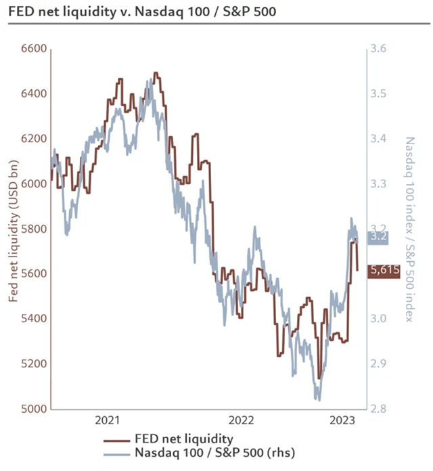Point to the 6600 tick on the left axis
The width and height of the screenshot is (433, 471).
33,49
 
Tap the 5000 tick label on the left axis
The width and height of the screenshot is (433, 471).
33,409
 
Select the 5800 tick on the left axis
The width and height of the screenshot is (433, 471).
33,229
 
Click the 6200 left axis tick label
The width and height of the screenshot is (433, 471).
33,139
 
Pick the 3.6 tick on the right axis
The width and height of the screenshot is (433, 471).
378,49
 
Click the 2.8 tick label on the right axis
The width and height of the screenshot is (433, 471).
378,409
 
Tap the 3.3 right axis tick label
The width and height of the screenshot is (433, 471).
378,183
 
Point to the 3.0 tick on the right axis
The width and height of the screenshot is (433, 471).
378,319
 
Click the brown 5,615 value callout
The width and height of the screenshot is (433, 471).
384,271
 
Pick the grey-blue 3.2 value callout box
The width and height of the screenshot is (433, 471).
379,237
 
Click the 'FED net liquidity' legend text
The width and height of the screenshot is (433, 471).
184,439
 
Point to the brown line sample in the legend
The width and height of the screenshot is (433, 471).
119,439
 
